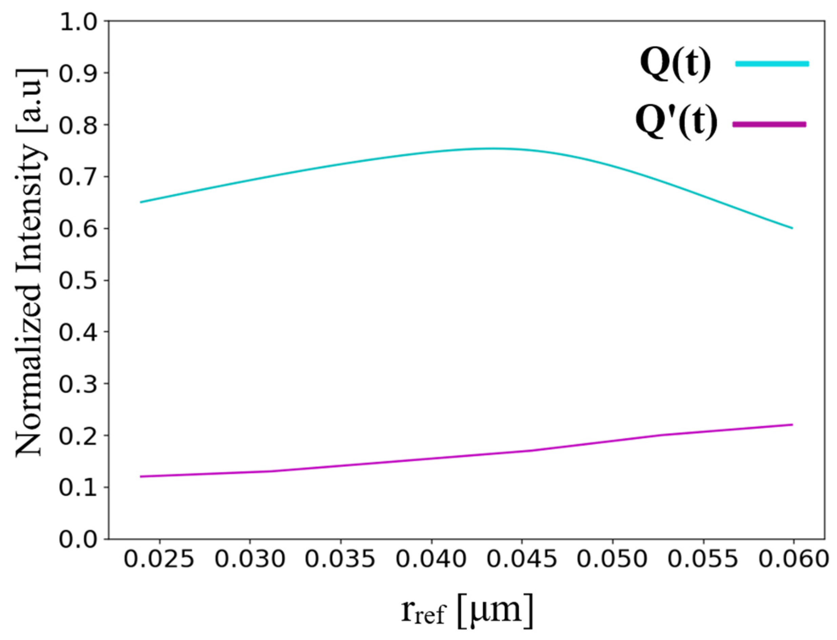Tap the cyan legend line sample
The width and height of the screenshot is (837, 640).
(x=772, y=64)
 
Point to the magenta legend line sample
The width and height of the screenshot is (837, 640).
(x=770, y=124)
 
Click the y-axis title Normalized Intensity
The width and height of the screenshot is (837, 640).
(x=30, y=263)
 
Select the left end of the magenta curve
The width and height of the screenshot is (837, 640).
(x=141, y=477)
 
